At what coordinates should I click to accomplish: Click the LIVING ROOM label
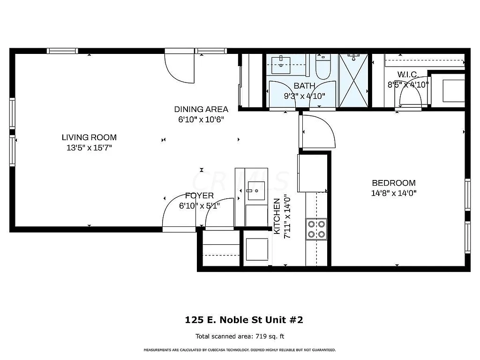[x=89, y=137]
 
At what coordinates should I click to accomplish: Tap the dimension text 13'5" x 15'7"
[x=89, y=148]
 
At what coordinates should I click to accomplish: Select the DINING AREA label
[x=201, y=109]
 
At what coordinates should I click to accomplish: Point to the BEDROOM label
[x=394, y=183]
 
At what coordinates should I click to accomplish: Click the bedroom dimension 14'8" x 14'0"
[x=394, y=193]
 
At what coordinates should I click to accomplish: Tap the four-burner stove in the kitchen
[x=316, y=229]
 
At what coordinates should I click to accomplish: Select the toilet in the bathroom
[x=322, y=68]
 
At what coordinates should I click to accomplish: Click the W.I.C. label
[x=408, y=75]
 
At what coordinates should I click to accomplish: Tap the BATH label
[x=304, y=86]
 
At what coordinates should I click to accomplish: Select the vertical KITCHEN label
[x=277, y=217]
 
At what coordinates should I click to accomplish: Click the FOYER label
[x=199, y=195]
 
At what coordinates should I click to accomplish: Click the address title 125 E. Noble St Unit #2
[x=244, y=320]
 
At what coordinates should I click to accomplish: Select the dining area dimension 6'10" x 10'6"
[x=201, y=119]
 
